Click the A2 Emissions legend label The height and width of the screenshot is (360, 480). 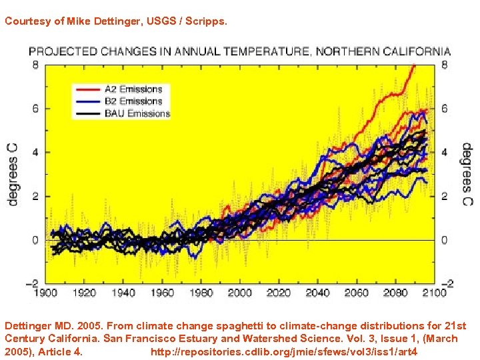133,89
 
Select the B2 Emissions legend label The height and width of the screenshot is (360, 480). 133,101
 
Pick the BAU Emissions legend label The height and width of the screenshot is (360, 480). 137,113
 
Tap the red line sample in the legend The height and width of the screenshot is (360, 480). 88,89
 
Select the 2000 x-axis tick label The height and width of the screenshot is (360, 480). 240,292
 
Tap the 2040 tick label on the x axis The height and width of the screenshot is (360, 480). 318,292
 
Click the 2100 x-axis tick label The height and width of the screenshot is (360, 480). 434,292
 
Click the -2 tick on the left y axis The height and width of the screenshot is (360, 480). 32,283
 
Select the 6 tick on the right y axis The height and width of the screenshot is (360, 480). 445,109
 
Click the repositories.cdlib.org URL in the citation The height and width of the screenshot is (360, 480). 284,351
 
